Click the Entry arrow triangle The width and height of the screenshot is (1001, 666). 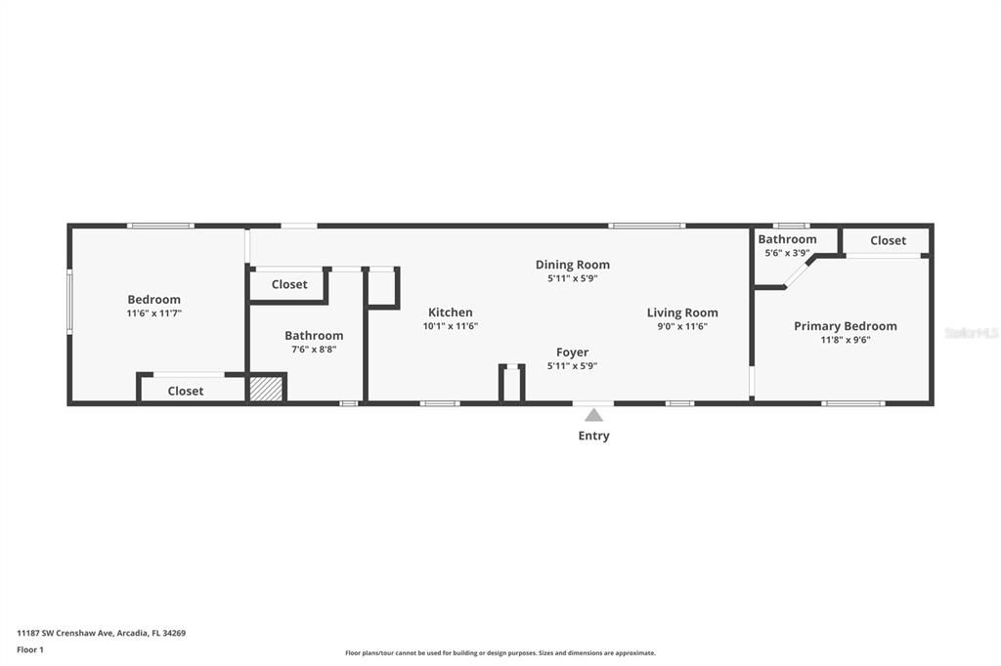593,415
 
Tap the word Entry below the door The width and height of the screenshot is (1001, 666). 593,436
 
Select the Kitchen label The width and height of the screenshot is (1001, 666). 450,312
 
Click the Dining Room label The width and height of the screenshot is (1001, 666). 572,265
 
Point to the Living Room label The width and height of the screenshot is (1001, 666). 682,312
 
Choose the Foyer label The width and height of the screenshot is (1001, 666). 572,353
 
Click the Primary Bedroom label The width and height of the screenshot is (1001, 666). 845,326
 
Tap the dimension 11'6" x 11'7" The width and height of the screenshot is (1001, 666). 154,313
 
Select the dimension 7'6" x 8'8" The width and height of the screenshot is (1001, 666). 314,349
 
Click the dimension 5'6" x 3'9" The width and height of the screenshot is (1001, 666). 787,253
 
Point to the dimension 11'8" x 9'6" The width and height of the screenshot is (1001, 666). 845,340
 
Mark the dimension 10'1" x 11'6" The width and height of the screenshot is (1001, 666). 450,326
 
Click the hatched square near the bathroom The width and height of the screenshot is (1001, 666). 265,389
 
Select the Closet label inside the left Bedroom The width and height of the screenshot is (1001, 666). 186,391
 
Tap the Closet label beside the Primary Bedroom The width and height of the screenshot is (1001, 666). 888,240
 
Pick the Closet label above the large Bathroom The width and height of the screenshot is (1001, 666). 289,284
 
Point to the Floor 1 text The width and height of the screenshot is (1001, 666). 30,649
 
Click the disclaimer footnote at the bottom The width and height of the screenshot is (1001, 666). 500,653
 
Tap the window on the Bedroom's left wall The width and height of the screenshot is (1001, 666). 69,302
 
